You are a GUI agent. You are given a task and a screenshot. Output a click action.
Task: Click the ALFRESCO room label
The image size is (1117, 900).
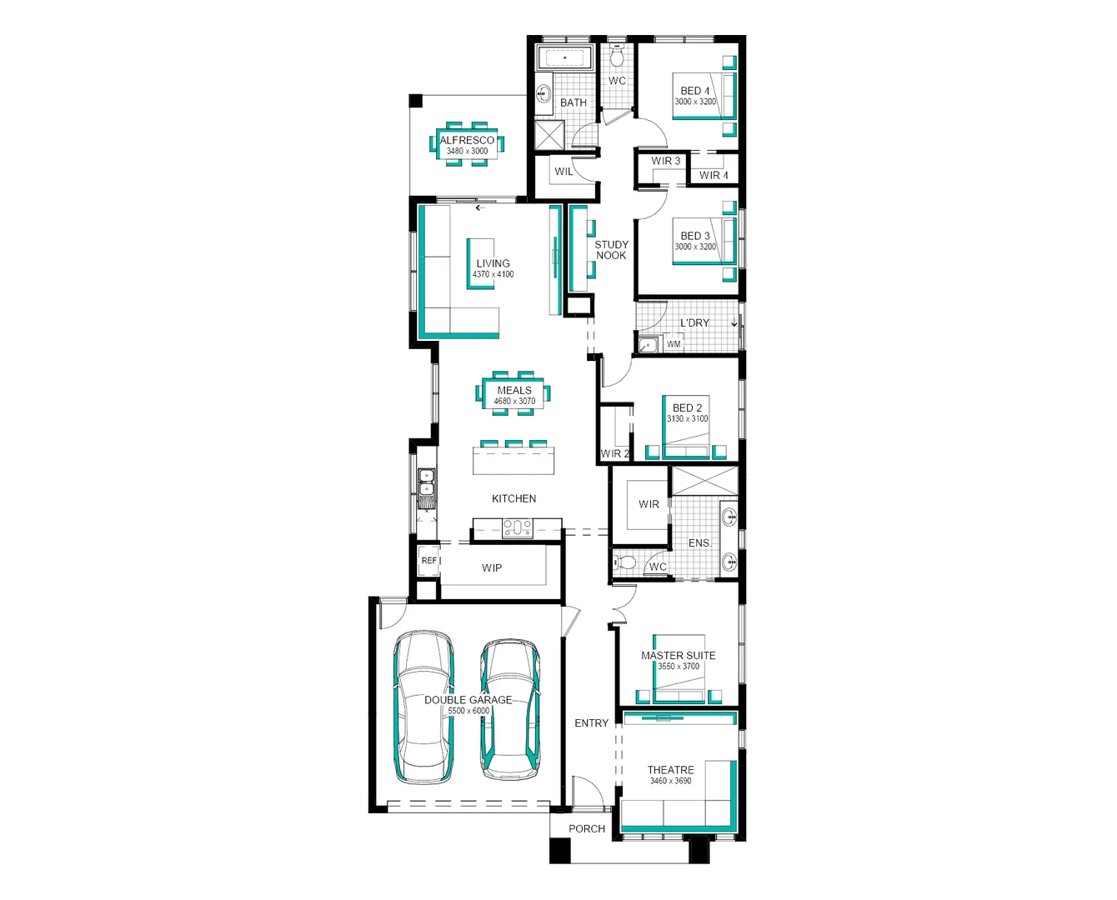(467, 140)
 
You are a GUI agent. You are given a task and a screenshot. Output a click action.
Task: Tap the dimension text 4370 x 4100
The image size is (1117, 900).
(493, 274)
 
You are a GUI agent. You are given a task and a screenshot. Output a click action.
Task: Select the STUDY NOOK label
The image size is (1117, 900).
(611, 250)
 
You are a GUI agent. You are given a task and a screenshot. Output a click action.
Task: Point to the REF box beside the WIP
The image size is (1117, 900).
(428, 561)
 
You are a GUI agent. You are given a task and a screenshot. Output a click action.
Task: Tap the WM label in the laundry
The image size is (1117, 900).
(674, 344)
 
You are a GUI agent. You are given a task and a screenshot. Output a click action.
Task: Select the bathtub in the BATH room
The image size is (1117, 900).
(564, 58)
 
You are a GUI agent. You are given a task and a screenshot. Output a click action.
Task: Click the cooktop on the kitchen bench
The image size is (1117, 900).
(517, 528)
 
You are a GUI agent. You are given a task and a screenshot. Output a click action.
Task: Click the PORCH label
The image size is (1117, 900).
(587, 828)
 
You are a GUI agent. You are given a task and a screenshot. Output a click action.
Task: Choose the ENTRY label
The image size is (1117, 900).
(591, 723)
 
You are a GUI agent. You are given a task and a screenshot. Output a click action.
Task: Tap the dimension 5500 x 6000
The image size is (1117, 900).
(468, 711)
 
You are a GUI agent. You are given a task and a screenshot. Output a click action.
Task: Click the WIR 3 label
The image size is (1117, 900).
(665, 161)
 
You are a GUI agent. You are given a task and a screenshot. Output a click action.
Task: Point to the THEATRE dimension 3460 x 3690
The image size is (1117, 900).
(670, 781)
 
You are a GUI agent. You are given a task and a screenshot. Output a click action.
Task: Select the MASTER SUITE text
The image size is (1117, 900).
(678, 656)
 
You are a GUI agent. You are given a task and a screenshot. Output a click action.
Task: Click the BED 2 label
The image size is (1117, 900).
(687, 407)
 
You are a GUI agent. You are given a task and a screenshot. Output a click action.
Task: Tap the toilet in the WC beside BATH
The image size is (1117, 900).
(617, 57)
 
